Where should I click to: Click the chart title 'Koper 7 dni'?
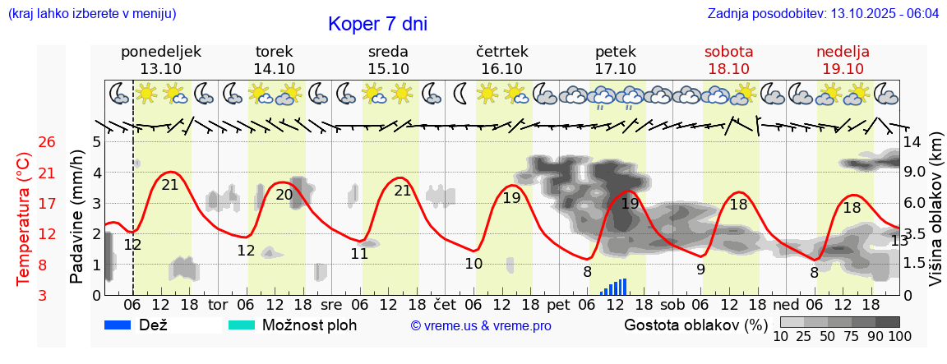pos(377,24)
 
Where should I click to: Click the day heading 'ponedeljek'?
pos(161,52)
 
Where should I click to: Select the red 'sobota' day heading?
pos(728,52)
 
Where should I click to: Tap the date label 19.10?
pos(843,69)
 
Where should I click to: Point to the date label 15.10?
pos(388,69)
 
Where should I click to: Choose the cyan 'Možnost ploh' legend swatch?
pos(242,325)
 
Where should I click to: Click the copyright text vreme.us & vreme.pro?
pos(481,326)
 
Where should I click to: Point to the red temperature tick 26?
pos(47,142)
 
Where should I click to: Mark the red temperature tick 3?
pos(47,295)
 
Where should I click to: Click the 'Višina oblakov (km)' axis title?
pos(935,219)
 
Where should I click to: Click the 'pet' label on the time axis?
pos(558,303)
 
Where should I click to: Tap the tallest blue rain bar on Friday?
pos(625,286)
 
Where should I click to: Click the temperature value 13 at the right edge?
pos(899,241)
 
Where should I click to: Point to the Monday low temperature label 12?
pos(132,244)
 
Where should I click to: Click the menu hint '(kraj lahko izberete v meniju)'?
pos(91,14)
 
